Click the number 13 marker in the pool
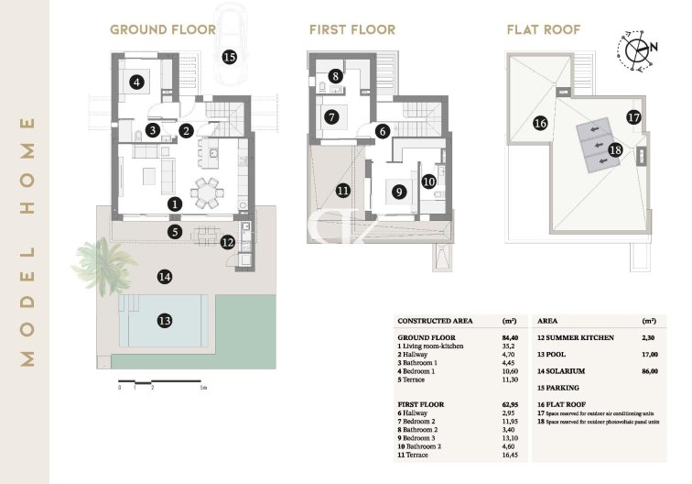pos(165,321)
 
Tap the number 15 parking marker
pos(229,57)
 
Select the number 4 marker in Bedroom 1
pos(136,82)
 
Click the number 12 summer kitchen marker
pos(228,242)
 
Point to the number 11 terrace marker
pos(342,191)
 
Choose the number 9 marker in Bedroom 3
pos(398,192)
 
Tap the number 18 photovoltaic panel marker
pos(615,149)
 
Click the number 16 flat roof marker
pos(540,122)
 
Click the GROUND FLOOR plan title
pos(164,28)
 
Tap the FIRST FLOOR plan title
pos(352,28)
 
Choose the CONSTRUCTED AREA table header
pos(435,321)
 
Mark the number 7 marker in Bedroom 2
pos(331,116)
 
